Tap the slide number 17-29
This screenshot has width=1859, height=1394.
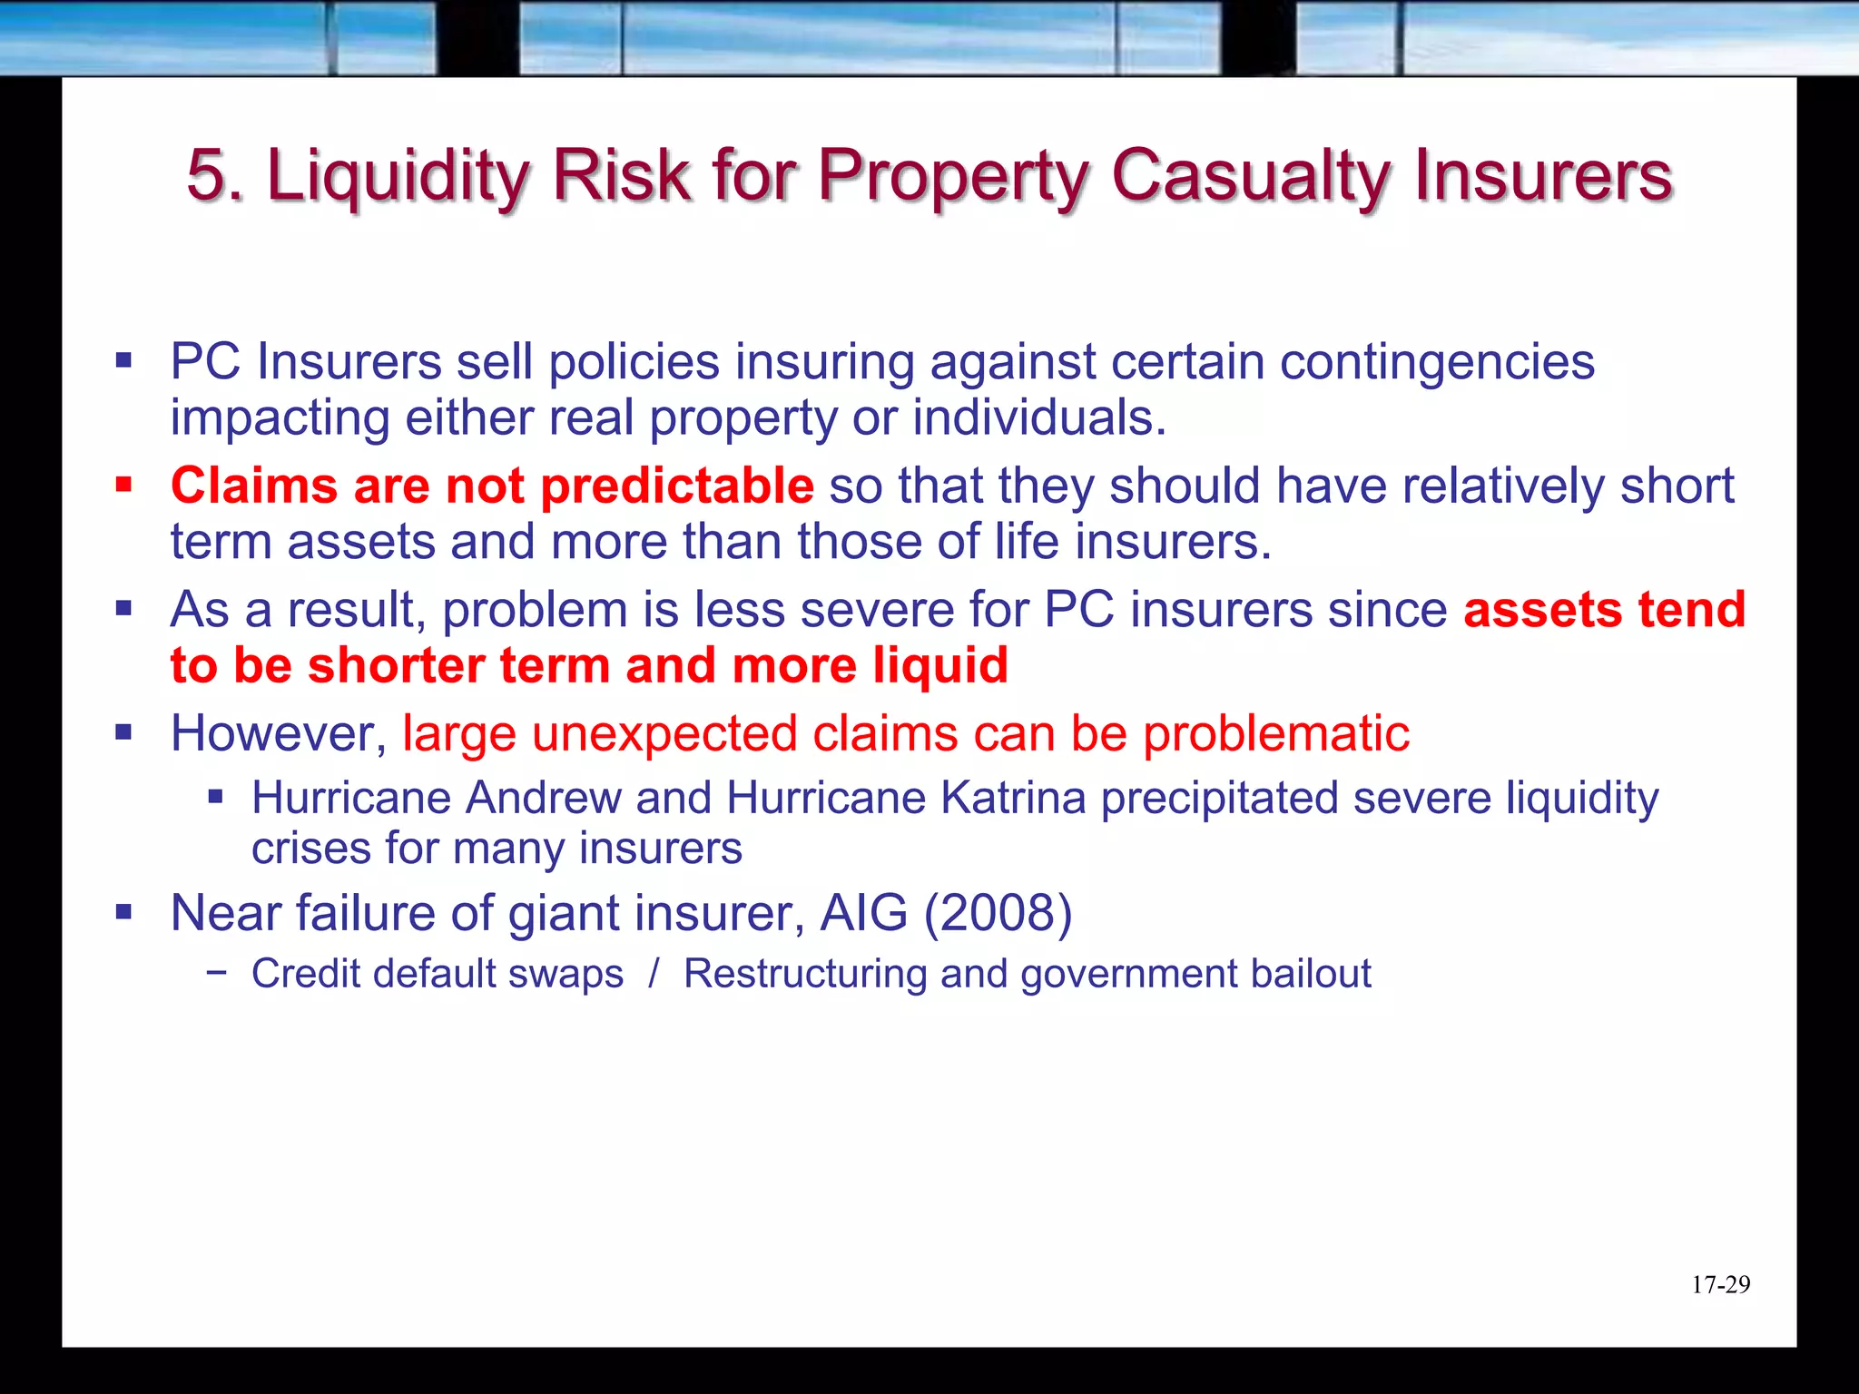click(1720, 1284)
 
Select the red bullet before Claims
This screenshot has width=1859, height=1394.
click(124, 486)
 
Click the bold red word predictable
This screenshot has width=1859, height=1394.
click(677, 486)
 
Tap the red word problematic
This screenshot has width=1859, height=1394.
click(1275, 733)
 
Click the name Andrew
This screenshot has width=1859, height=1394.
click(543, 799)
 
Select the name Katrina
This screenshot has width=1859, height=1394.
click(1013, 799)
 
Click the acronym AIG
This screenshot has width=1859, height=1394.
click(863, 913)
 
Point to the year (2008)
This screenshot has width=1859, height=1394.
click(998, 913)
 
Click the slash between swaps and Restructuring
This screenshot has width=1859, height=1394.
click(654, 974)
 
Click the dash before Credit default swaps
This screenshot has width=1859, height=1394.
click(216, 972)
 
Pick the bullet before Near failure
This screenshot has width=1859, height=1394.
click(124, 912)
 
